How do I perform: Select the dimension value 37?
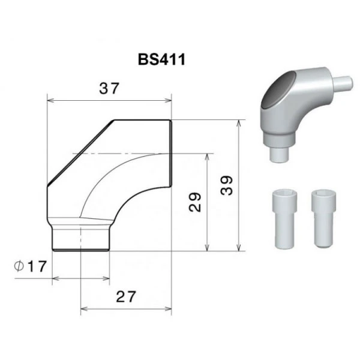tap(109, 89)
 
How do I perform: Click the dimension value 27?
tap(126, 296)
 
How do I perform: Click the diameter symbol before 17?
tap(19, 266)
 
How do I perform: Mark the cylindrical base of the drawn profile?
tap(80, 238)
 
